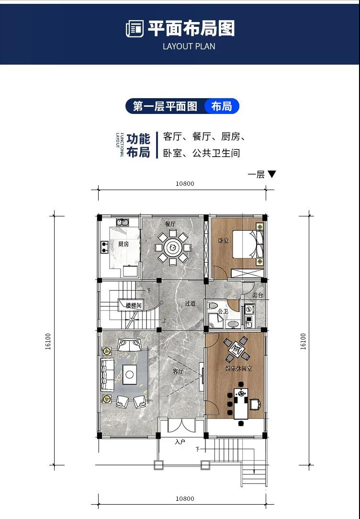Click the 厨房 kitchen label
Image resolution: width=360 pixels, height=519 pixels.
coord(124,244)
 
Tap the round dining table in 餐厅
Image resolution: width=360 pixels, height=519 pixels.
coord(173,247)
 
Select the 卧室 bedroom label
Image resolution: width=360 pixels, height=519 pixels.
coord(224,241)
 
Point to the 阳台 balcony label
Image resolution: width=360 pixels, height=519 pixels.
coord(258,295)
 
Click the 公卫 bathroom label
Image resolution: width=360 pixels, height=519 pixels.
coord(223,312)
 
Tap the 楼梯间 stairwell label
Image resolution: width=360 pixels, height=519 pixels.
coord(134,305)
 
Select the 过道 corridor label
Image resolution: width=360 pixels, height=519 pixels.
coord(190,303)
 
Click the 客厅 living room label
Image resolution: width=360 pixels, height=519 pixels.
coord(178,372)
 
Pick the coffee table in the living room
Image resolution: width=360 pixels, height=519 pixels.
coord(130,374)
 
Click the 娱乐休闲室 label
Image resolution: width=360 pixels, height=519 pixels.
coord(238,368)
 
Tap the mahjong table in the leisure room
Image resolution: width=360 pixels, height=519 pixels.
coord(236,349)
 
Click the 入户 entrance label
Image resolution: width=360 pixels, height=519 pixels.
coord(180,442)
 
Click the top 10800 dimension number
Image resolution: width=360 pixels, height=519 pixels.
coord(185,184)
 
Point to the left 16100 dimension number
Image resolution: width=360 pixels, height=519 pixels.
coord(48,341)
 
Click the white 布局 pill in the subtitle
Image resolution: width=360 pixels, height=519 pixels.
coord(221,106)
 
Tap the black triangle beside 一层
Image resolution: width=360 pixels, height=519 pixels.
coord(271,174)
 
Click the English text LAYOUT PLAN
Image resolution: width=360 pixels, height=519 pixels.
coord(189,46)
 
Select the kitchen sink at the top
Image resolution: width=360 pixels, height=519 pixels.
coord(123,222)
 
